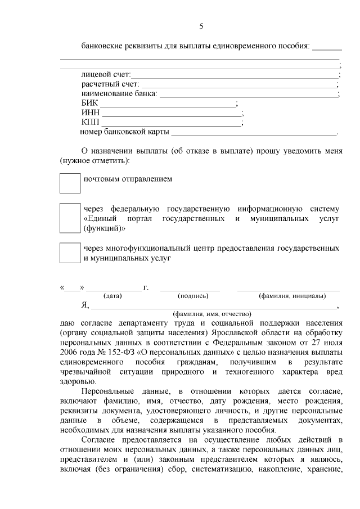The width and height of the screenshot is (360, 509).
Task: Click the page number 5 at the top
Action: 201,26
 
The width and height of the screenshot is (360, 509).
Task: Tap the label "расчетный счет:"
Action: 106,84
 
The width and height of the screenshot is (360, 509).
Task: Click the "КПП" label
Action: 90,123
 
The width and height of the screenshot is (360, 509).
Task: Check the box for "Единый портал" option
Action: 70,218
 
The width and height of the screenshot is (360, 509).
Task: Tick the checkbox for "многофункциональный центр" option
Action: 70,253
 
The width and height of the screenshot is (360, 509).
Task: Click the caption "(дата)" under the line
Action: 112,296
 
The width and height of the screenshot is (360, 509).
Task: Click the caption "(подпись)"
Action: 193,296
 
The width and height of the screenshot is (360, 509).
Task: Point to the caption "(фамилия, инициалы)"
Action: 291,296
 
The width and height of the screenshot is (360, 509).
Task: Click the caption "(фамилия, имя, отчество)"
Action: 211,314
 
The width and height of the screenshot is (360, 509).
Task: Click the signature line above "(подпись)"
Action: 190,290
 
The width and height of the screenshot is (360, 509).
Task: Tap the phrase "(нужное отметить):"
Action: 94,161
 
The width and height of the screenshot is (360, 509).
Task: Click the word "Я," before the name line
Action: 85,305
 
